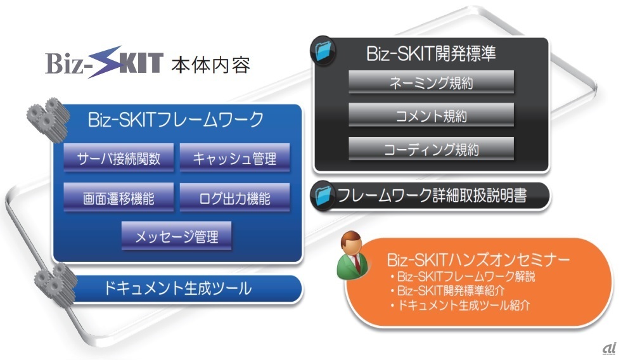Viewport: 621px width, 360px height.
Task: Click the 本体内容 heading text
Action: click(x=210, y=64)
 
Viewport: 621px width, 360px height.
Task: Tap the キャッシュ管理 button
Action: click(x=234, y=158)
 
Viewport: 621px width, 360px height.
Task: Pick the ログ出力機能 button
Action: click(x=234, y=198)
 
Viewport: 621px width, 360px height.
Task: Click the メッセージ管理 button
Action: click(x=177, y=236)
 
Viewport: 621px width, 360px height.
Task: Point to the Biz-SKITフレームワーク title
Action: click(x=176, y=119)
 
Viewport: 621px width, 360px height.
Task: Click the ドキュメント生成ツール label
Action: click(x=178, y=288)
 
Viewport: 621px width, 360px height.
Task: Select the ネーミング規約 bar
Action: click(x=431, y=82)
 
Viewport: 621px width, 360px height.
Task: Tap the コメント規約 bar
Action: click(x=431, y=116)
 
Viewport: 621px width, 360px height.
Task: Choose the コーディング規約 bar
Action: click(x=431, y=150)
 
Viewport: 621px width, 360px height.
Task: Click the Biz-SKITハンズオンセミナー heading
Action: click(x=478, y=260)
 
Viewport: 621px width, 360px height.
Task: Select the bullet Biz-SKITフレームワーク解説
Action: click(x=468, y=277)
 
